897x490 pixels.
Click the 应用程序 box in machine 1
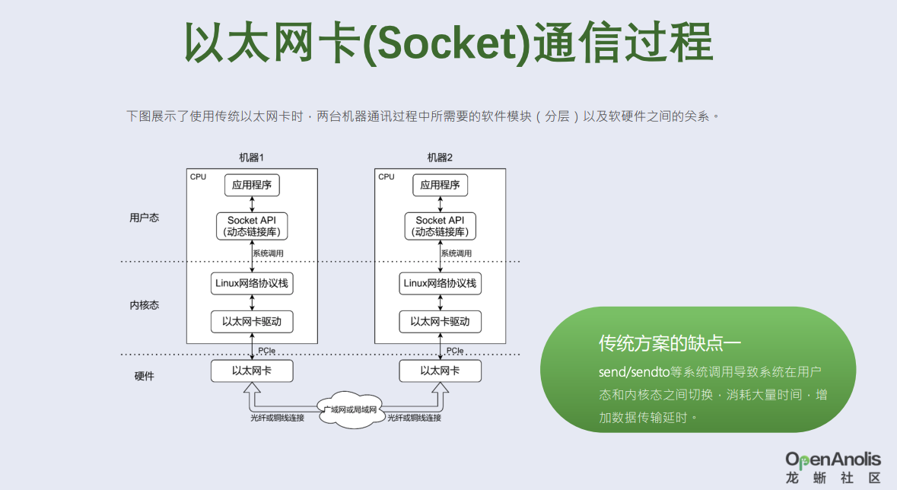tap(252, 185)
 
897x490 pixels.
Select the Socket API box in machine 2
tap(440, 226)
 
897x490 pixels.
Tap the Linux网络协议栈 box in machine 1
tap(252, 283)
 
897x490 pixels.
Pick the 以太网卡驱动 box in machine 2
tap(440, 322)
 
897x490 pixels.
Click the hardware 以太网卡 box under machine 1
tap(252, 371)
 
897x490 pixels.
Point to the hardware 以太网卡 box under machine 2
tap(440, 371)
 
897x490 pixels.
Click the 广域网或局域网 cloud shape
tap(351, 410)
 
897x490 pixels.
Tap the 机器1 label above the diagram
tap(252, 157)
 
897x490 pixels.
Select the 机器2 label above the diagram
tap(440, 157)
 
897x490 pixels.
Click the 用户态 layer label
tap(144, 218)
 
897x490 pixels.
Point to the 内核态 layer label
tap(144, 305)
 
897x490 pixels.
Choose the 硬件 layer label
tap(144, 376)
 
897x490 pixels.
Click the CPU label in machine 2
tap(386, 177)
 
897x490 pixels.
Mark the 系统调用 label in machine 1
tap(269, 253)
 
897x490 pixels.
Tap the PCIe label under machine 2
tap(455, 350)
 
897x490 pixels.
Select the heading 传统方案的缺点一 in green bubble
tap(670, 343)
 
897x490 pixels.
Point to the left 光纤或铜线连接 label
tap(278, 418)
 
